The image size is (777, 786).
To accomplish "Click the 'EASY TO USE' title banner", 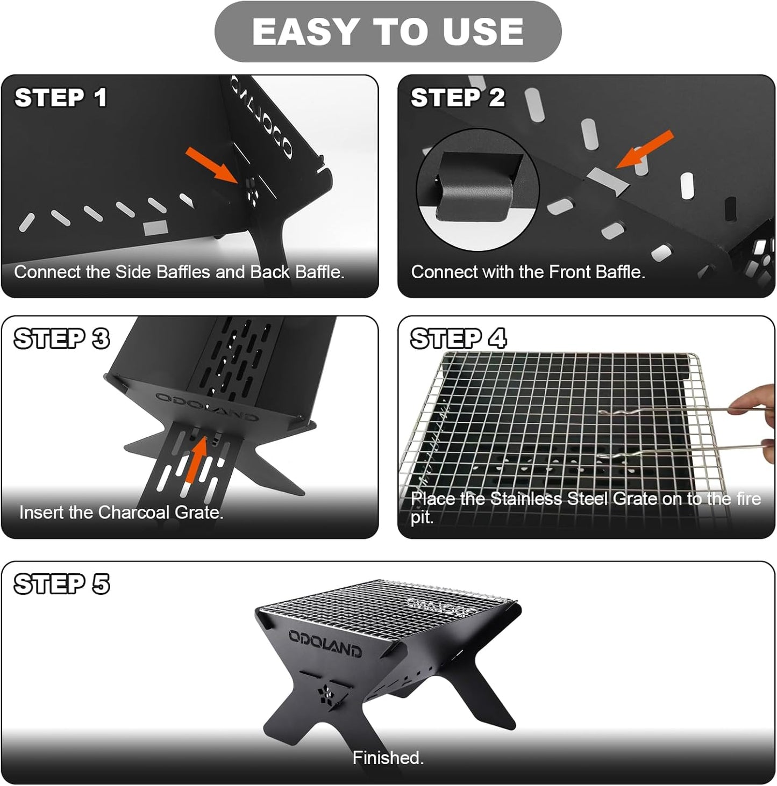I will pos(388,31).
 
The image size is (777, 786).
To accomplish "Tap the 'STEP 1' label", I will pos(60,98).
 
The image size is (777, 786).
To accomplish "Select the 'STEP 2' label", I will pos(458,98).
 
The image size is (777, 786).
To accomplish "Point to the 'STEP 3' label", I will pos(61,339).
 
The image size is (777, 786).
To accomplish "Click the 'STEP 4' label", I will pos(458,339).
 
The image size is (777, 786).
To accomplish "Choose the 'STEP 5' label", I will pos(61,584).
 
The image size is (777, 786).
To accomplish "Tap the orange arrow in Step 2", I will pos(645,149).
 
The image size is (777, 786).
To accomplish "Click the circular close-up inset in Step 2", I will pos(477,190).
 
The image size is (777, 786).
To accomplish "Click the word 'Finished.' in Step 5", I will pos(388,758).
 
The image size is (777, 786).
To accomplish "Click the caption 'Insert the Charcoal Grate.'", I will pos(121,513).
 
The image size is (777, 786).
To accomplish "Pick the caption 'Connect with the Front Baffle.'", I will pos(527,272).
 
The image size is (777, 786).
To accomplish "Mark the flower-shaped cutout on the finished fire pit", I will pos(326,695).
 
